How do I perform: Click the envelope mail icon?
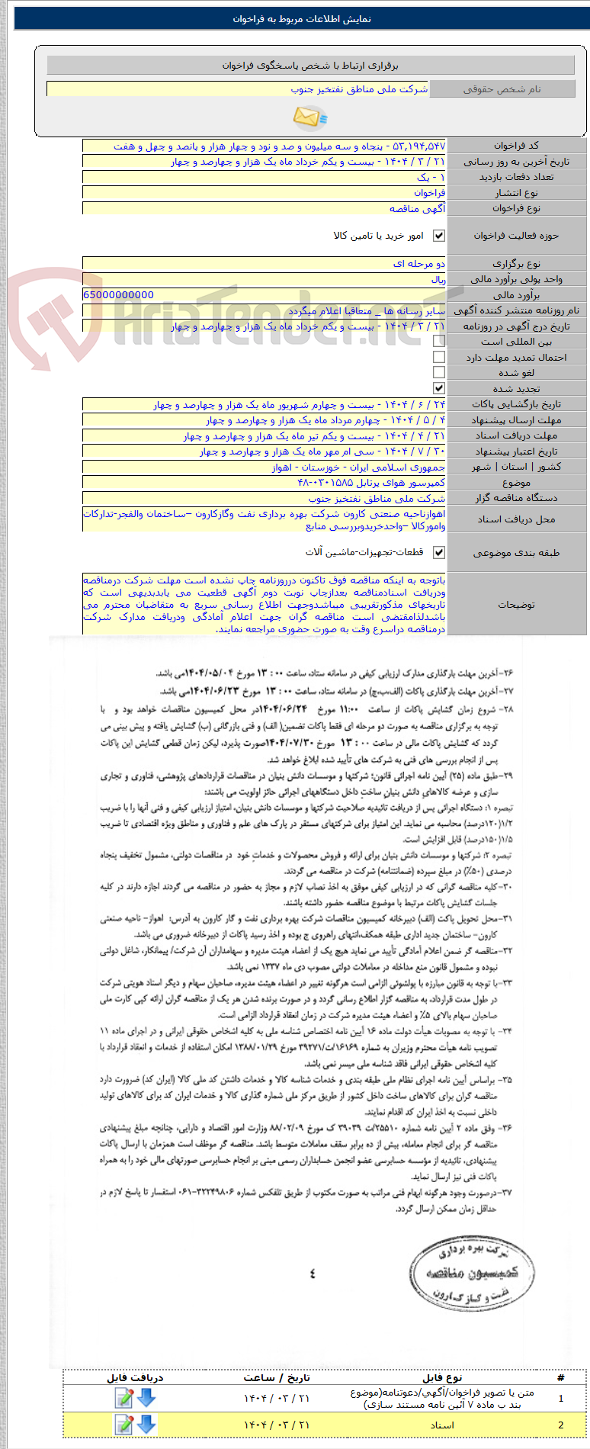309,117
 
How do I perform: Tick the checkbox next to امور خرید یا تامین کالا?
439,236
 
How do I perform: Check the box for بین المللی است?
439,342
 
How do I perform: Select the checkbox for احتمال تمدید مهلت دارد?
439,357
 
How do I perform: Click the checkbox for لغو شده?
439,372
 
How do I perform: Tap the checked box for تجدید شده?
439,388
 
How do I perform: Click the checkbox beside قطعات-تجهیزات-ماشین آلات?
439,552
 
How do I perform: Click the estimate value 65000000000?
118,294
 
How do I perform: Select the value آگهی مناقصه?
417,208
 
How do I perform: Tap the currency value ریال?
438,279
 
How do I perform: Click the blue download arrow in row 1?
146,1398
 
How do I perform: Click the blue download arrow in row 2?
146,1424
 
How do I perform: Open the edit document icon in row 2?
123,1424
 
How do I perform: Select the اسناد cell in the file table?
442,1425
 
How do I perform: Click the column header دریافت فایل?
135,1377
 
